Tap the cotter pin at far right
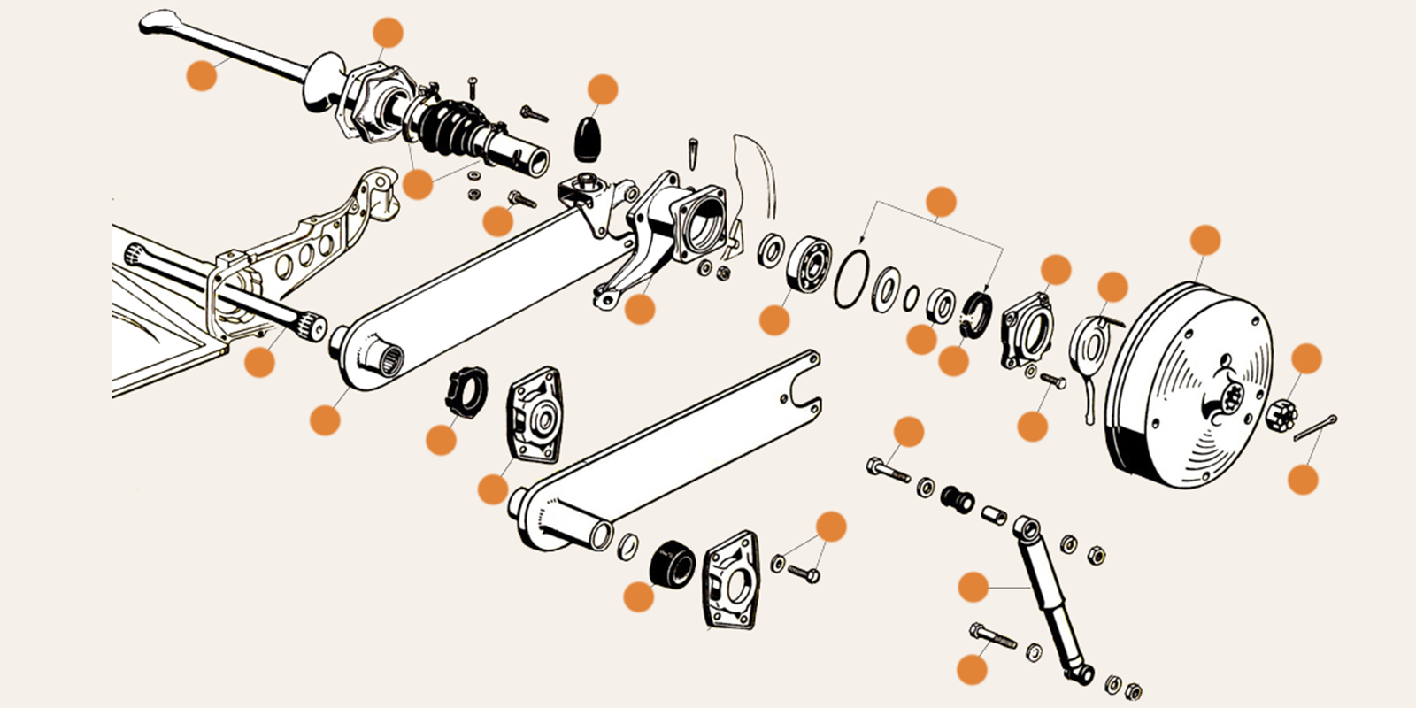[x=1316, y=427]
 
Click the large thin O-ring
[x=851, y=279]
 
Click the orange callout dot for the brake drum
[x=1205, y=240]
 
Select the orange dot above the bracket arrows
[x=941, y=202]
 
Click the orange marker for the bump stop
[x=602, y=89]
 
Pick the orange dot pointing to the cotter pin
[x=1303, y=480]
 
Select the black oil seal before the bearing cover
[x=976, y=313]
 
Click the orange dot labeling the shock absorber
[x=973, y=587]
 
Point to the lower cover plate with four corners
[x=732, y=581]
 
